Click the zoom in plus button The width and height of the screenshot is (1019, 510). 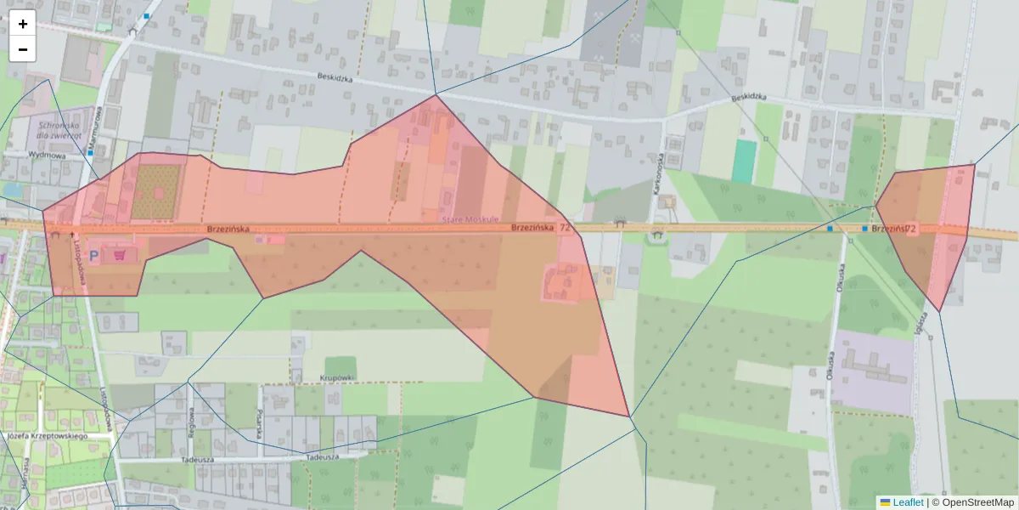(23, 24)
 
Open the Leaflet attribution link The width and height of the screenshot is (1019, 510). (907, 502)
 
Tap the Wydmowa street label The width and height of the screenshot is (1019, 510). (47, 156)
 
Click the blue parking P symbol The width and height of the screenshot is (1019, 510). (94, 254)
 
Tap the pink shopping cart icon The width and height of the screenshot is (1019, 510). (121, 253)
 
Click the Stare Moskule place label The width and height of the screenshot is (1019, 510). (469, 220)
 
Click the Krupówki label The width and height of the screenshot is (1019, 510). (337, 377)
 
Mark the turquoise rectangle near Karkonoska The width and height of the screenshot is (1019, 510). (744, 161)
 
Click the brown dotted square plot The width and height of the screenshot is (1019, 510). (156, 191)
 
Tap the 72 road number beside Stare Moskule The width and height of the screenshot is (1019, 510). (565, 228)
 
